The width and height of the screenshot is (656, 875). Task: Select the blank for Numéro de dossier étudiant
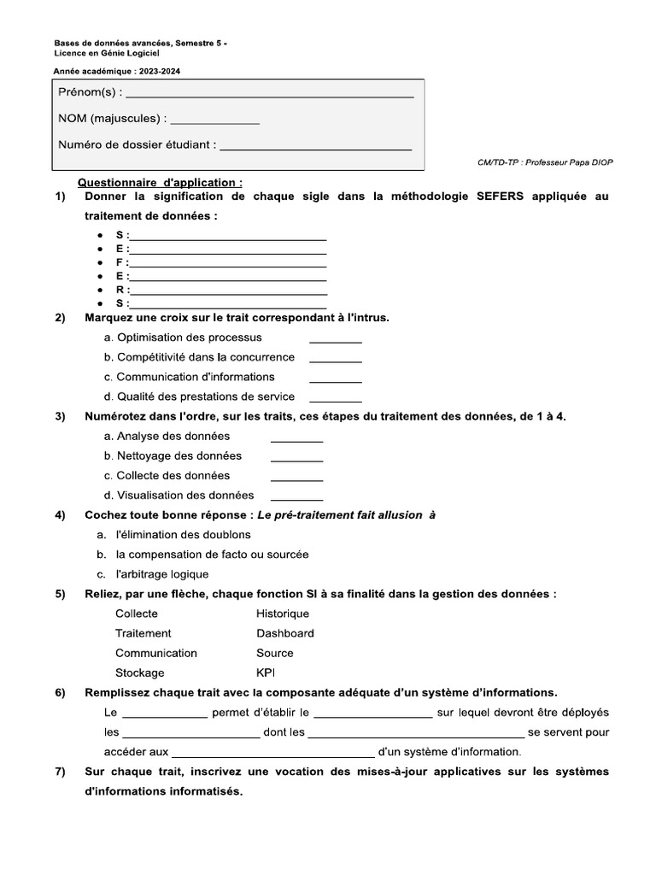point(316,147)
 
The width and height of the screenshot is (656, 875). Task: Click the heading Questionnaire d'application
point(160,183)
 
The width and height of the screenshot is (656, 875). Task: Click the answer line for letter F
point(227,263)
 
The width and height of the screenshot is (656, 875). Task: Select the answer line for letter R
point(227,291)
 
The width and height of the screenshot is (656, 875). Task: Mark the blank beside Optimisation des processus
point(335,339)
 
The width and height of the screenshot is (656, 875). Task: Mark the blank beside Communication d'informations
point(335,379)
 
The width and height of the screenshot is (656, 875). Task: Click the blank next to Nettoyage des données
point(296,457)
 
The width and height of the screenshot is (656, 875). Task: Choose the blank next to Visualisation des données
point(296,496)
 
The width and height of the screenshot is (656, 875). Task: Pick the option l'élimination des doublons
point(184,535)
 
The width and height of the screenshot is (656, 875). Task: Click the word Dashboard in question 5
point(285,634)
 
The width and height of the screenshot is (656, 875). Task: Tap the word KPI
point(266,673)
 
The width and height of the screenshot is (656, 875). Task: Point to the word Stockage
point(140,673)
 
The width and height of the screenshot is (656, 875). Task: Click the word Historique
point(283,614)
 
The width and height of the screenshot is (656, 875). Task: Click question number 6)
point(61,693)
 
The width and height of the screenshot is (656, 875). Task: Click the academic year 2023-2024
point(163,71)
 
